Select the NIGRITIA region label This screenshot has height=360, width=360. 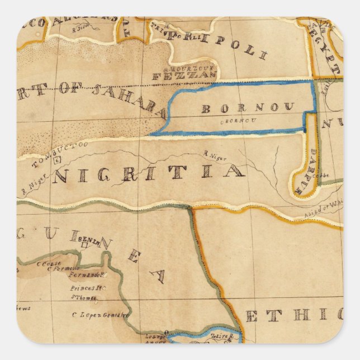click(x=149, y=173)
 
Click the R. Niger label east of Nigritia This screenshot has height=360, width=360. click(x=216, y=156)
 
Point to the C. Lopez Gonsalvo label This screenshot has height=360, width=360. click(x=101, y=315)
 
